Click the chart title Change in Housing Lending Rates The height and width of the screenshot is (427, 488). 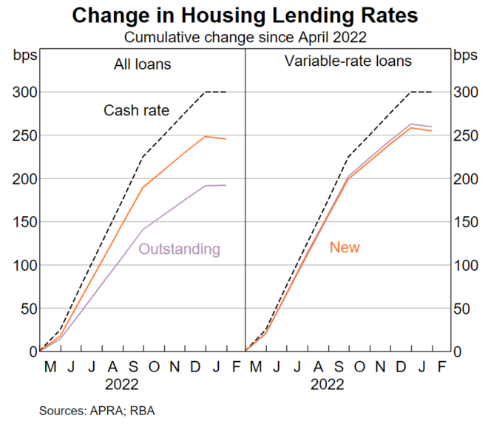[x=243, y=14]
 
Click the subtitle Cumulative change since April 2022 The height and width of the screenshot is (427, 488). [x=243, y=36]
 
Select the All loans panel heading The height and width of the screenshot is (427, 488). [x=143, y=64]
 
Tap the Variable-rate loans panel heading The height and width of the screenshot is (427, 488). [x=348, y=61]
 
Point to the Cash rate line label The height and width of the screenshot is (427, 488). [x=136, y=111]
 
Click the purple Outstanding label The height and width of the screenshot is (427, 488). [x=179, y=249]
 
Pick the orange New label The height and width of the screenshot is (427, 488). [x=345, y=247]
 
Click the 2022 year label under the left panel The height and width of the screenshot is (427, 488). [x=122, y=385]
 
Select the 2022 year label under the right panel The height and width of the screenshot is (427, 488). [x=327, y=385]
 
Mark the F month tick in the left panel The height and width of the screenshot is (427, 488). [x=235, y=366]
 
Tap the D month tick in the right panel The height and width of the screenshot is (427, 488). [x=400, y=366]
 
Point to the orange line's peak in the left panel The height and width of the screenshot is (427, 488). [x=205, y=136]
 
